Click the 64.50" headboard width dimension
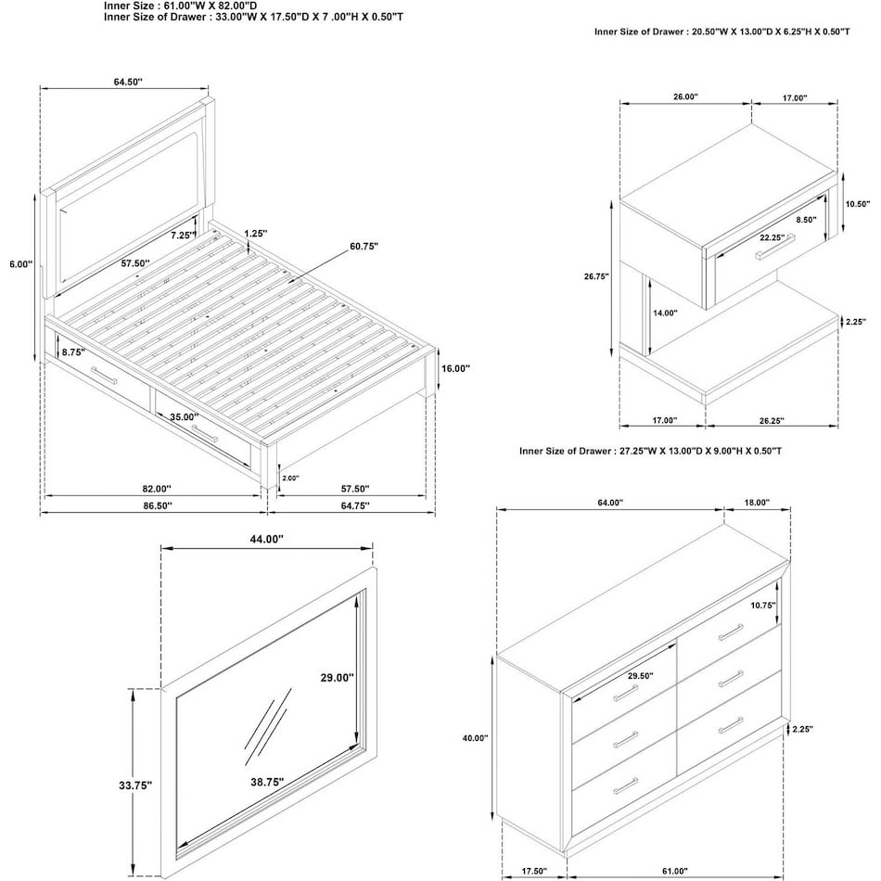128,82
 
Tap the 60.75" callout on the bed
364,247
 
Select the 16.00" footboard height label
455,368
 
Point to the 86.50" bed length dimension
158,505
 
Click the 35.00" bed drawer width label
185,417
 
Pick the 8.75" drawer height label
73,352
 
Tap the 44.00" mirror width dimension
266,540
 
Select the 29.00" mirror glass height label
338,678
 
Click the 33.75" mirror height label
135,785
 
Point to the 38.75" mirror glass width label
267,782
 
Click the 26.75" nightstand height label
596,276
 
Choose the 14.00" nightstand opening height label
665,313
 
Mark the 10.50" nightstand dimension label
858,205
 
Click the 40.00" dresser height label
476,738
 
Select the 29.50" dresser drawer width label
641,676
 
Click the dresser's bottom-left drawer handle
625,785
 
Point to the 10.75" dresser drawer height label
763,606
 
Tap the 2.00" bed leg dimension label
290,479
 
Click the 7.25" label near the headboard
184,236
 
